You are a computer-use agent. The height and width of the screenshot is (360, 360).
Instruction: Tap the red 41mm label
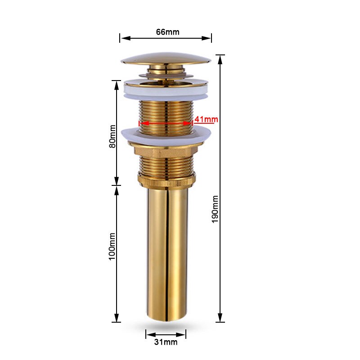(x=206, y=119)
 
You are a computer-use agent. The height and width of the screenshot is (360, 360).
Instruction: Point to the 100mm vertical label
(x=112, y=245)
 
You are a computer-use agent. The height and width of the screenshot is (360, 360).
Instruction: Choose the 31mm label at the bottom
(x=166, y=342)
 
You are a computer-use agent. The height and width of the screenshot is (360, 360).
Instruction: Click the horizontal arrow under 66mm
(x=166, y=38)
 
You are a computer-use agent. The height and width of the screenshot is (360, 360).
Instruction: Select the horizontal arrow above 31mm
(x=166, y=334)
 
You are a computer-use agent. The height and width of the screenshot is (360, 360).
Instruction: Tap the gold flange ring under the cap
(x=166, y=83)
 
